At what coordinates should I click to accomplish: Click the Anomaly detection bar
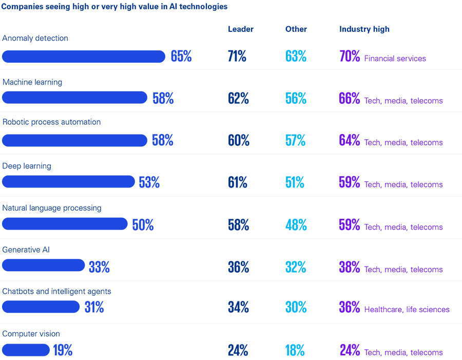point(84,56)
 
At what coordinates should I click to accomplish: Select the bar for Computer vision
point(26,350)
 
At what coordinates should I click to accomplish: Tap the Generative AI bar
point(44,266)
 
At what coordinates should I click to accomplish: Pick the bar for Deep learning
point(68,182)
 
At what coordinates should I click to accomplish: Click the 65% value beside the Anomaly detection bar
point(181,56)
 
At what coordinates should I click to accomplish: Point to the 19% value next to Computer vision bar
point(63,350)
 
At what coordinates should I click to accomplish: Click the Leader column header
point(241,29)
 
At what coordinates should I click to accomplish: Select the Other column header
point(296,29)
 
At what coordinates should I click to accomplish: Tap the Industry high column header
point(364,29)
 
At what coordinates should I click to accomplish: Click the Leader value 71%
point(237,56)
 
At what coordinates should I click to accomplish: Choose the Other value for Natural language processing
point(296,224)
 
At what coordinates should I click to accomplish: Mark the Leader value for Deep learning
point(238,182)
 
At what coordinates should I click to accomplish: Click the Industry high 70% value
point(350,56)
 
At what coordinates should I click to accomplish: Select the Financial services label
point(395,59)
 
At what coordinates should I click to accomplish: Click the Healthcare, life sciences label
point(407,309)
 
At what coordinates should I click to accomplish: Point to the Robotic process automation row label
point(51,122)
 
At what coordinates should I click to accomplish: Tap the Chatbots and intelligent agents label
point(56,291)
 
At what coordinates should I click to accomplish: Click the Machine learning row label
point(32,82)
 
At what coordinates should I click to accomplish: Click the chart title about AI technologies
point(115,7)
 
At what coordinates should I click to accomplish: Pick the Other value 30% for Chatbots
point(296,307)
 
